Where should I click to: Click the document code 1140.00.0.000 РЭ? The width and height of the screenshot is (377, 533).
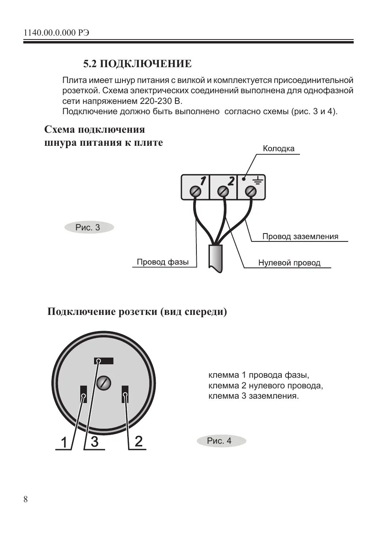(56, 33)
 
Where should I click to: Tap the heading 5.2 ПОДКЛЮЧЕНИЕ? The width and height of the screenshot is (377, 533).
(137, 64)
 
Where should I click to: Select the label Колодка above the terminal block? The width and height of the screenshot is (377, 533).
(279, 149)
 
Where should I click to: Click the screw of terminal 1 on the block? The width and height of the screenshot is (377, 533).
(196, 192)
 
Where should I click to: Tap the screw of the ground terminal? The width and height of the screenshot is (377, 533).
(251, 192)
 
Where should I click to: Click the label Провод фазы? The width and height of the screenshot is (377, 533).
(162, 262)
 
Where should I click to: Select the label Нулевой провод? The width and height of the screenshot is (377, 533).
(289, 263)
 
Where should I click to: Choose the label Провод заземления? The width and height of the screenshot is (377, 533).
(300, 237)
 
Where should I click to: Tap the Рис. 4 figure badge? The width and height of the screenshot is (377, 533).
(220, 441)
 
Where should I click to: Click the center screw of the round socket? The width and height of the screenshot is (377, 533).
(104, 382)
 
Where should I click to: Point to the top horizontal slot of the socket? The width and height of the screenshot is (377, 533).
(104, 361)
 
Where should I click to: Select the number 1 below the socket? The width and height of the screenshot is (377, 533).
(64, 443)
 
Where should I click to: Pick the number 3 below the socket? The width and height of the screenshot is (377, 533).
(94, 441)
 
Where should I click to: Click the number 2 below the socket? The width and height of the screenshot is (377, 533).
(138, 441)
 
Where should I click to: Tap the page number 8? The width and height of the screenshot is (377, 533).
(26, 499)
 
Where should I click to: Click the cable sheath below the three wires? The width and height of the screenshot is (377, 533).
(216, 257)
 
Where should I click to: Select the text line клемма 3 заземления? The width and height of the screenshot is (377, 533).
(253, 396)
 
